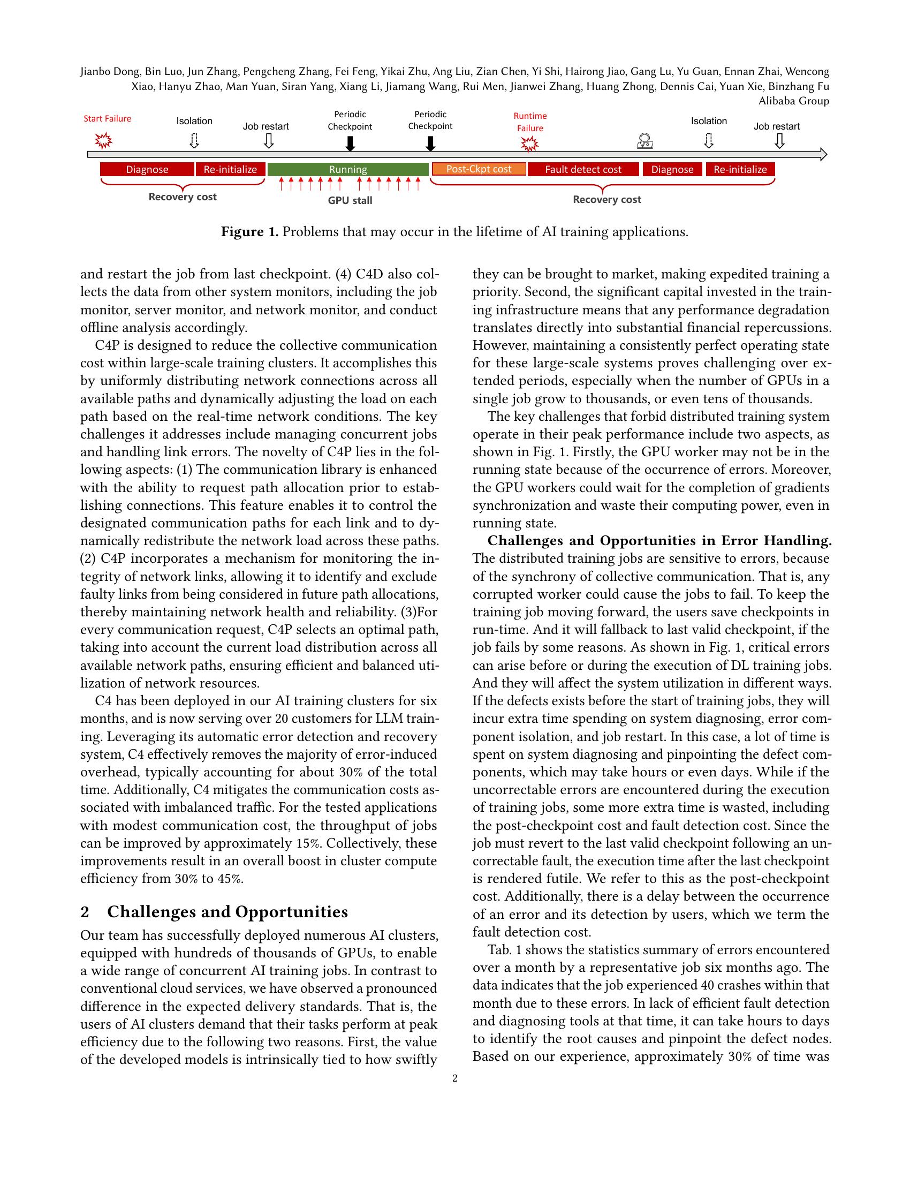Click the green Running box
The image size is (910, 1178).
348,169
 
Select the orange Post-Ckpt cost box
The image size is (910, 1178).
478,169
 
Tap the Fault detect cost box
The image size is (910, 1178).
583,169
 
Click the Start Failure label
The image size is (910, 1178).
107,119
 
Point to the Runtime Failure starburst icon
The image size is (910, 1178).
530,144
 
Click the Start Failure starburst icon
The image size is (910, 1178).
103,141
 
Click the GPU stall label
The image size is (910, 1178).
350,201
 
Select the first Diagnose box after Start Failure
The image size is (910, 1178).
147,169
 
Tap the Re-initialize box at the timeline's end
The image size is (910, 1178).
740,169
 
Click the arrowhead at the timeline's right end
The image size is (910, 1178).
823,155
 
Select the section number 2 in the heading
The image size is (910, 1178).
85,912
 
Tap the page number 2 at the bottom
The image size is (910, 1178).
454,1078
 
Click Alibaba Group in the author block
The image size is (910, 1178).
793,101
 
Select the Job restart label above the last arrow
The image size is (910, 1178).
776,126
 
